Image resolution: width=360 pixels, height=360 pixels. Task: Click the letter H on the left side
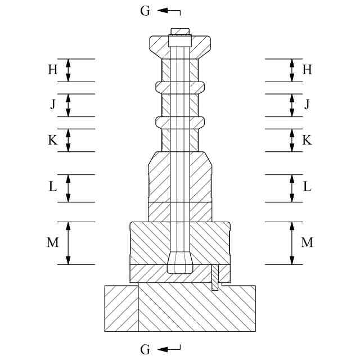[52, 70]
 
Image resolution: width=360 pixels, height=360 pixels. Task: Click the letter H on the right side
[307, 70]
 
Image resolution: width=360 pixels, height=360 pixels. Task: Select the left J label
[52, 104]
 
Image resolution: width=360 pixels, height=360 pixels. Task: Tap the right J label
[307, 104]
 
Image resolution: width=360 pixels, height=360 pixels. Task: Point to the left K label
[52, 140]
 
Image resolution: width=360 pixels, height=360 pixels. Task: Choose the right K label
[307, 140]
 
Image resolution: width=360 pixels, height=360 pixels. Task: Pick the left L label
[52, 187]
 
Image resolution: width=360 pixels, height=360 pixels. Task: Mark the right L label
[307, 187]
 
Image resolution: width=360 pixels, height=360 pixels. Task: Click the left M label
[52, 242]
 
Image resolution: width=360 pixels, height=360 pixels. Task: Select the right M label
[307, 242]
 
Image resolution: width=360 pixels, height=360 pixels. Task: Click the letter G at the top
[145, 11]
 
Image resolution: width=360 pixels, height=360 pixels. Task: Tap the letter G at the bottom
[145, 350]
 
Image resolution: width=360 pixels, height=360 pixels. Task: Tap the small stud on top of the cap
[180, 31]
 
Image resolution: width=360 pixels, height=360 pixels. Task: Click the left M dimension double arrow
[68, 242]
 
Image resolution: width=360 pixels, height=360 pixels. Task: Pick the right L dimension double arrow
[291, 188]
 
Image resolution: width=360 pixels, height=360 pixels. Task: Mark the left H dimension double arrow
[68, 70]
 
